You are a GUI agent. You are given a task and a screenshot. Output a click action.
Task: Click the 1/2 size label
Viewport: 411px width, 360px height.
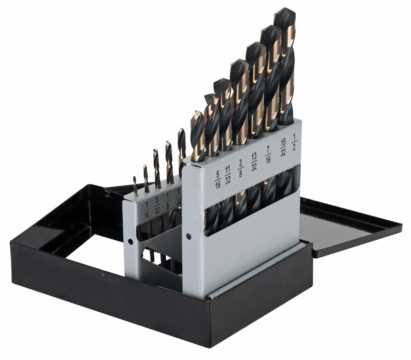[x=294, y=144]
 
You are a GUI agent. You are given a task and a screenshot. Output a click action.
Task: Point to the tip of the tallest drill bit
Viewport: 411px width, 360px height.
[x=284, y=11]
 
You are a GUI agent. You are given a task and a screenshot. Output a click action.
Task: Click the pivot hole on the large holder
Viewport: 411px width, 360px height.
[x=188, y=236]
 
